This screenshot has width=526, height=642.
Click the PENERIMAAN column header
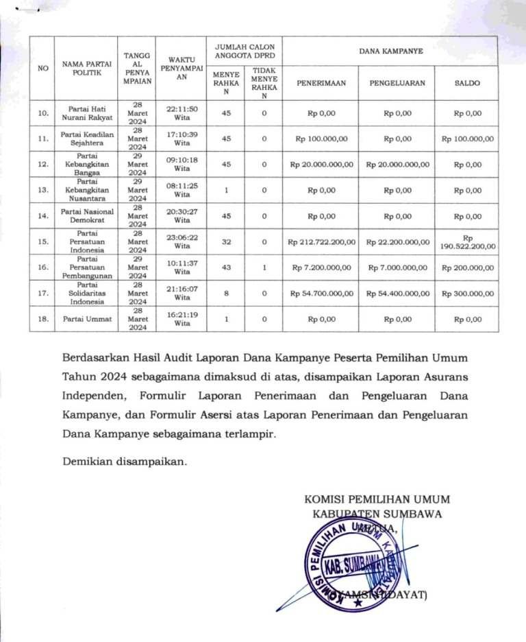321,83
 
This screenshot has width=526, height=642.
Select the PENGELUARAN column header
397,83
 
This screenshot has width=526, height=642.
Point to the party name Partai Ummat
86,319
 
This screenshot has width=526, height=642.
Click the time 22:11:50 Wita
182,112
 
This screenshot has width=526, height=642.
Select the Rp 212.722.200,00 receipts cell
321,241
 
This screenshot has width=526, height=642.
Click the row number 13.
44,190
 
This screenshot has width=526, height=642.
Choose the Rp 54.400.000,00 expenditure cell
397,293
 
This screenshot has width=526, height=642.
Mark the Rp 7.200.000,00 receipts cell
321,267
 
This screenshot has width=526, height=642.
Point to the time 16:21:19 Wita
182,319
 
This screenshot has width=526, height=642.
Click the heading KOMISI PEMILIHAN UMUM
377,499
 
